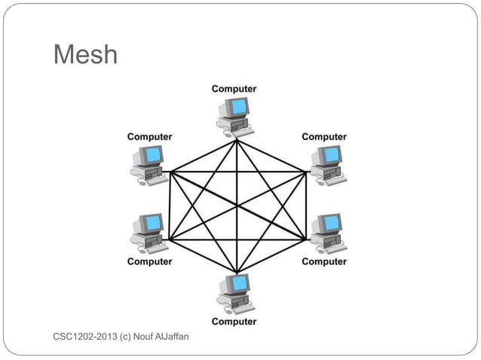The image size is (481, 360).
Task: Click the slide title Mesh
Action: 85,54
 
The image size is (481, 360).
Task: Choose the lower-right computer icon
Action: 327,232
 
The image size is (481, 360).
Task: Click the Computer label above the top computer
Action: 234,89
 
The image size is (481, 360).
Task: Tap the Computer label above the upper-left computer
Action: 149,137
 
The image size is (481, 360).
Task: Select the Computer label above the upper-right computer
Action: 324,137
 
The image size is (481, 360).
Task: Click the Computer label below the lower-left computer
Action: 149,261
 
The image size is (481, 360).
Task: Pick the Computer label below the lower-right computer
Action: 324,261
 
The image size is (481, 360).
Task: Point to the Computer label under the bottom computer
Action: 234,322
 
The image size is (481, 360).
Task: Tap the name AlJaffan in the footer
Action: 172,335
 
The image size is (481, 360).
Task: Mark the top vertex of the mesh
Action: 237,139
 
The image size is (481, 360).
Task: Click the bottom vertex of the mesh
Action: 237,273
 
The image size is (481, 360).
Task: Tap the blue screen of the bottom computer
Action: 240,283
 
